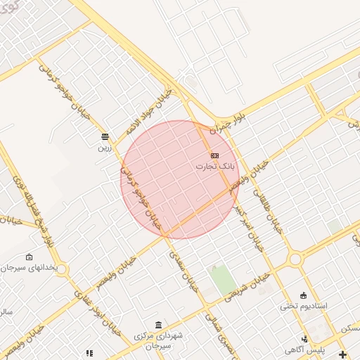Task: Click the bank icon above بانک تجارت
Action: (x=214, y=155)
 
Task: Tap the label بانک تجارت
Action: (x=214, y=167)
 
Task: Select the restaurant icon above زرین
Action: (x=105, y=136)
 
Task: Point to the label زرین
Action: (x=104, y=148)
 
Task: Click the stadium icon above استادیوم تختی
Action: (x=303, y=295)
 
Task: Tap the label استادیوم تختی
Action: (x=303, y=306)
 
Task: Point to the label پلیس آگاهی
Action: (x=304, y=349)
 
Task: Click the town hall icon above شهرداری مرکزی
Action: (x=157, y=325)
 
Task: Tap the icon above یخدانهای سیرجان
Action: (x=29, y=257)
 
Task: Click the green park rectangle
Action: (x=224, y=280)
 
